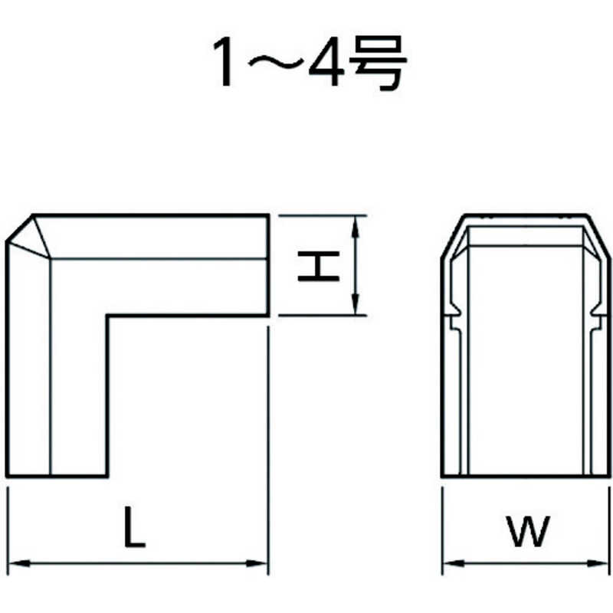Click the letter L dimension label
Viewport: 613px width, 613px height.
[x=135, y=526]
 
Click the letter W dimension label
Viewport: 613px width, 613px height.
[x=528, y=531]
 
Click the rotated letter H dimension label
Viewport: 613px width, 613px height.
[x=318, y=266]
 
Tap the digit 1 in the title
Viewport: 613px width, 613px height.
[x=224, y=61]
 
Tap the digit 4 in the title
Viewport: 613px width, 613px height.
[x=327, y=61]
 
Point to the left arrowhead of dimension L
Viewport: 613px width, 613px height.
[x=18, y=564]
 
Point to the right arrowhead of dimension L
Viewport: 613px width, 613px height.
[x=257, y=564]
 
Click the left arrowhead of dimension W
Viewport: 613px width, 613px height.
[x=454, y=564]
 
